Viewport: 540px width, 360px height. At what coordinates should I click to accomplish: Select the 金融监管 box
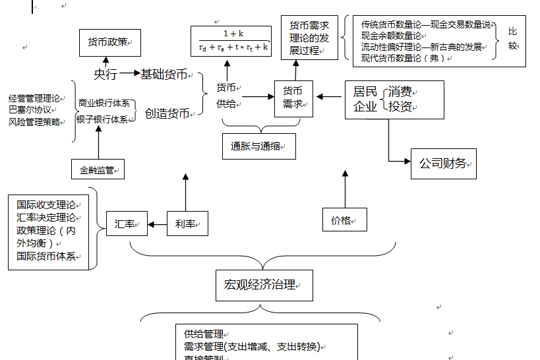[x=98, y=169]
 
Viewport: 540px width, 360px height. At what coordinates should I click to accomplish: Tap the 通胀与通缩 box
[x=258, y=146]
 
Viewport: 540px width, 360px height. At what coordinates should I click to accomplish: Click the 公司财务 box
[x=443, y=163]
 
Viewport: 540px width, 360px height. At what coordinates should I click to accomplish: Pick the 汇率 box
[x=127, y=224]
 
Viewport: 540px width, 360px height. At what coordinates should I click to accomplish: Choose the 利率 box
[x=187, y=224]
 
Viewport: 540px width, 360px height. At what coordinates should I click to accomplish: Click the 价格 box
[x=344, y=220]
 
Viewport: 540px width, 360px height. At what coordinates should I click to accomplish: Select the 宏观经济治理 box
[x=264, y=285]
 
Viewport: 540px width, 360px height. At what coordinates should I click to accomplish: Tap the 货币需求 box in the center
[x=293, y=98]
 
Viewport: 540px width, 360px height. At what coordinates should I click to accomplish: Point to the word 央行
[x=105, y=75]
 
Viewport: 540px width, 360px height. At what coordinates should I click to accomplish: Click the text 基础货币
[x=164, y=74]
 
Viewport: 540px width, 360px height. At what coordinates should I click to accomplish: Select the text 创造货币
[x=167, y=113]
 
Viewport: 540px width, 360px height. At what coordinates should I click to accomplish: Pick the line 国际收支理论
[x=46, y=205]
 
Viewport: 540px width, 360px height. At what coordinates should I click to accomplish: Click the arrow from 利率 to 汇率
[x=157, y=225]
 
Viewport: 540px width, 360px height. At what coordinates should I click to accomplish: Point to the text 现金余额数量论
[x=392, y=36]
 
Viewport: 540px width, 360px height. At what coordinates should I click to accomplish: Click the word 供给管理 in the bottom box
[x=204, y=334]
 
